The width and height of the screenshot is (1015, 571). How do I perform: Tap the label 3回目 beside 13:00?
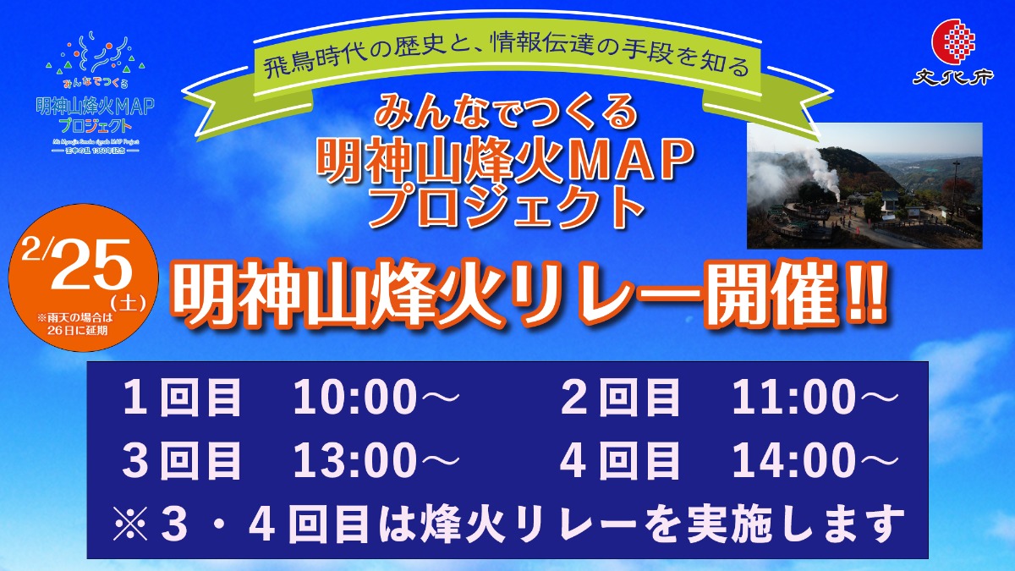pos(182,462)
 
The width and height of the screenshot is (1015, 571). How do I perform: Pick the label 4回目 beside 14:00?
pos(620,462)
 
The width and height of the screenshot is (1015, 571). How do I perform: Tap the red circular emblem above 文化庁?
pos(953,40)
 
